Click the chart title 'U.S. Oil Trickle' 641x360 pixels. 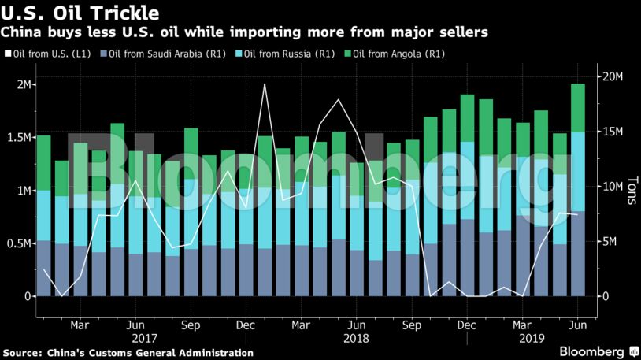[x=80, y=13]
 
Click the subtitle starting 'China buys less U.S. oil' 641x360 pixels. [x=244, y=32]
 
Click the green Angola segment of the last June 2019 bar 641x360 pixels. [x=578, y=108]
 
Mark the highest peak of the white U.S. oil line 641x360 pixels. [x=264, y=84]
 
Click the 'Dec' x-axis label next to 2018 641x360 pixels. [x=466, y=324]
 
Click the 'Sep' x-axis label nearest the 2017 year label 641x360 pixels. [x=190, y=324]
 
